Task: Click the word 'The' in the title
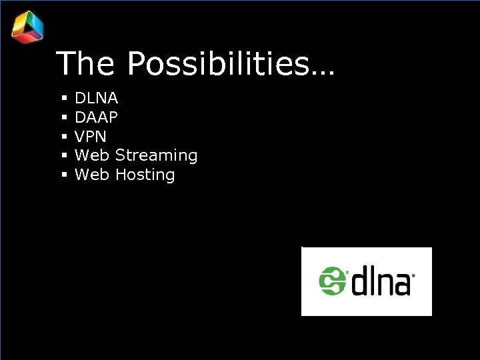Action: click(x=86, y=64)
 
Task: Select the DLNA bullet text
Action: click(x=97, y=99)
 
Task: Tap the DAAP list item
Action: click(x=97, y=117)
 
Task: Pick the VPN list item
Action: click(x=91, y=137)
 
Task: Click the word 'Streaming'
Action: click(x=157, y=156)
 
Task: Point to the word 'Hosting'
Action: click(x=145, y=175)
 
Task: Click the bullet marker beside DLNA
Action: click(x=65, y=99)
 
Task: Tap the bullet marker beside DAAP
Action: click(x=65, y=117)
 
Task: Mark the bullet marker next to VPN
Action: click(x=65, y=137)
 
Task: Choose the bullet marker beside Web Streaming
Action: click(x=65, y=156)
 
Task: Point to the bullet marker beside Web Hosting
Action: click(x=65, y=175)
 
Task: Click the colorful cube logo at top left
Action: click(x=27, y=27)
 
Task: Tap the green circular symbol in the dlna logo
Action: click(x=332, y=281)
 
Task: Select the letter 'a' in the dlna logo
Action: click(x=401, y=284)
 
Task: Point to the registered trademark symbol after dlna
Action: click(x=414, y=275)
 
